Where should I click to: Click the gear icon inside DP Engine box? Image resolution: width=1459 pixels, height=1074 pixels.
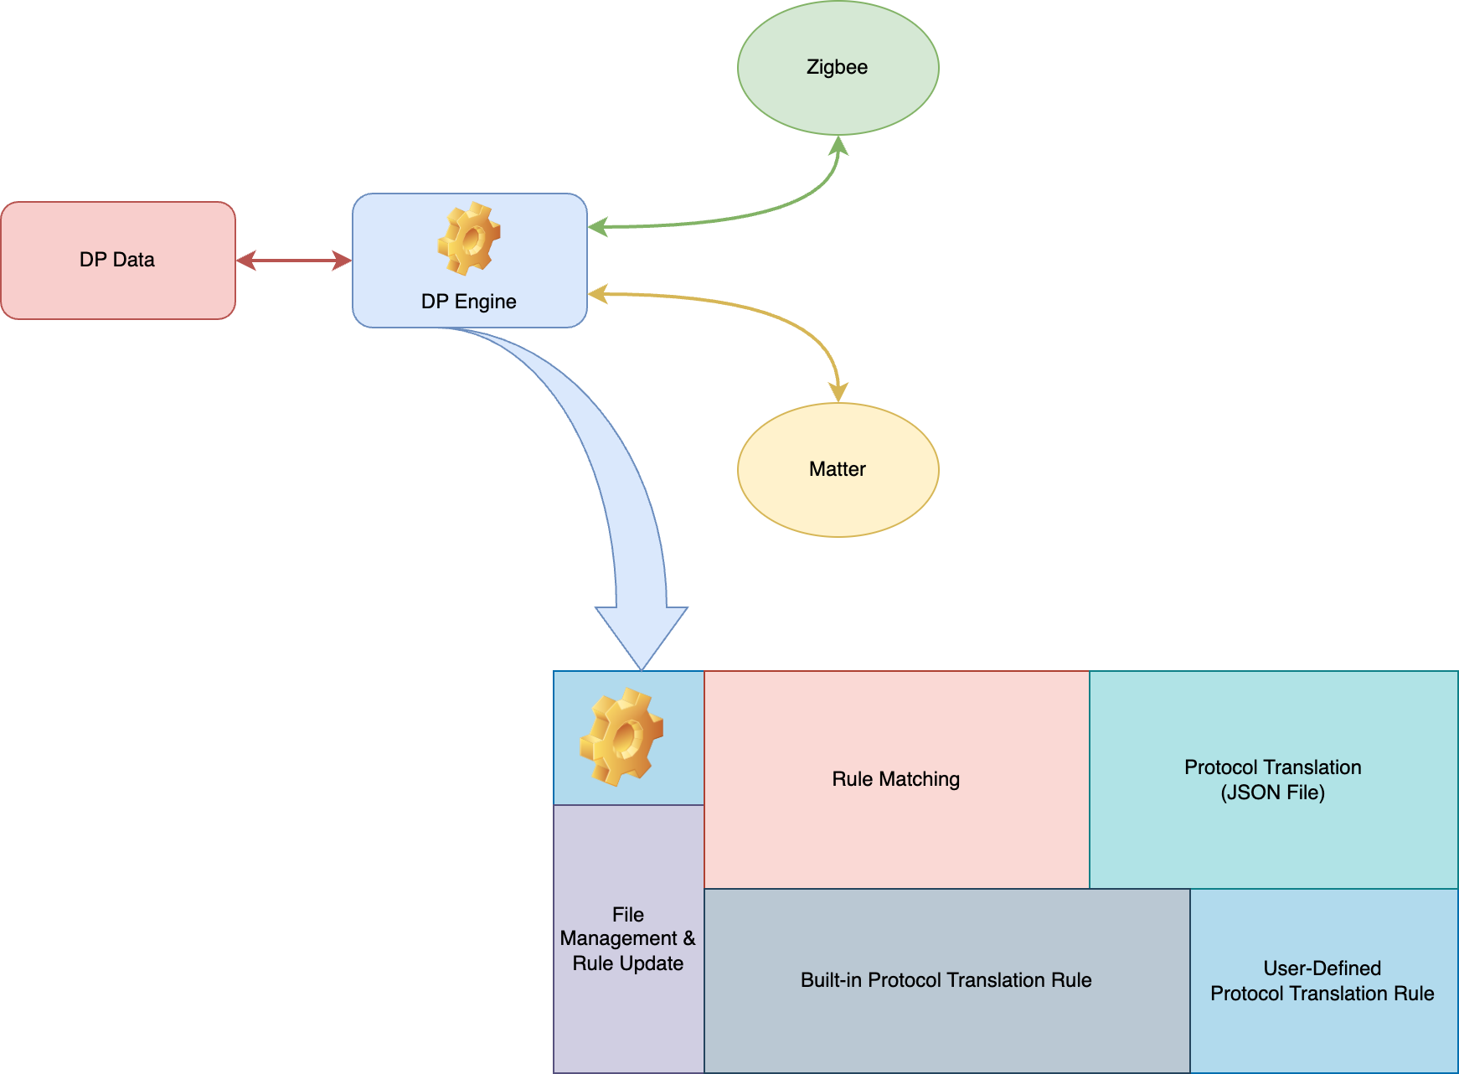coord(469,239)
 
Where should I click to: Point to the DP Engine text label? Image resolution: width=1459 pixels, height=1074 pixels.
coord(469,302)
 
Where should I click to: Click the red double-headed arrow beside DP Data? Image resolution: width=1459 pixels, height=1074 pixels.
coord(293,261)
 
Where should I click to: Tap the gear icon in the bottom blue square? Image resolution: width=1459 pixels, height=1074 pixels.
coord(622,736)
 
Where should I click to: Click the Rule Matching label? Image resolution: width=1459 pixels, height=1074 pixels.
coord(896,779)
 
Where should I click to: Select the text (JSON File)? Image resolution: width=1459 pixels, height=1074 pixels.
coord(1273,793)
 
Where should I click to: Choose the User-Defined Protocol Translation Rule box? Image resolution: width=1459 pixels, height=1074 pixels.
coord(1323,1030)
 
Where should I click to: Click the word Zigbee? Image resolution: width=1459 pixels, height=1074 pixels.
coord(838,67)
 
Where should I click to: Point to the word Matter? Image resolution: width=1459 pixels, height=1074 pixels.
coord(838,469)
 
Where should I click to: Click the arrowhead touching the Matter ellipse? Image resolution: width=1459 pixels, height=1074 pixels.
coord(838,392)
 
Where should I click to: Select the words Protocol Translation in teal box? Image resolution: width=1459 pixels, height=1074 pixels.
coord(1273,767)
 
